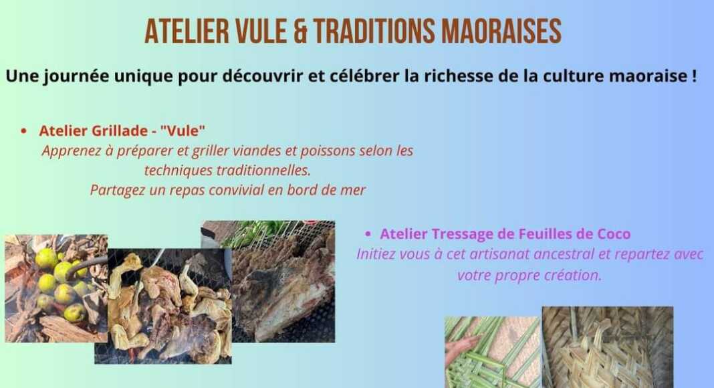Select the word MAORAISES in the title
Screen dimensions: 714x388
coord(501,31)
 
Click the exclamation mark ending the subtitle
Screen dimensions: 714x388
coord(694,76)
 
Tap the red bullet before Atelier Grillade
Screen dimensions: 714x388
coord(23,131)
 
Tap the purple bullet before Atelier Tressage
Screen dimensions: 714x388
coord(368,234)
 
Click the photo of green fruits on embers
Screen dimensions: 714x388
coord(55,288)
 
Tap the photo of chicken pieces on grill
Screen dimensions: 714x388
coord(163,306)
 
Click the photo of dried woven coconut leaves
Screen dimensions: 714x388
coord(608,347)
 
